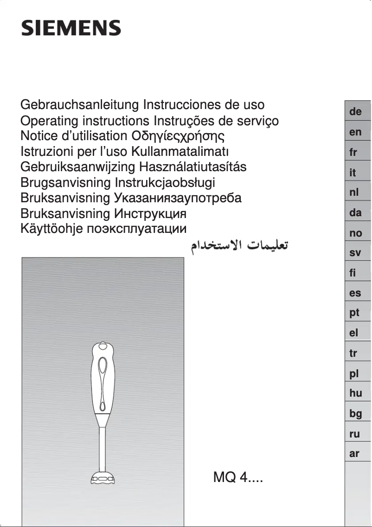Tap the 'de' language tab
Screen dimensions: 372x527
(x=356, y=112)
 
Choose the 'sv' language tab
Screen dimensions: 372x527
(x=355, y=253)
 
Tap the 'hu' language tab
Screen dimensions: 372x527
(x=356, y=393)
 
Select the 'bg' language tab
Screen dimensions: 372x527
(x=356, y=414)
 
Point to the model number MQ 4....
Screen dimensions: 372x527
(x=238, y=477)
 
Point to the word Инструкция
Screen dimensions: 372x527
(x=149, y=213)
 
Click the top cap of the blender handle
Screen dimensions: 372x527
(x=103, y=347)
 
